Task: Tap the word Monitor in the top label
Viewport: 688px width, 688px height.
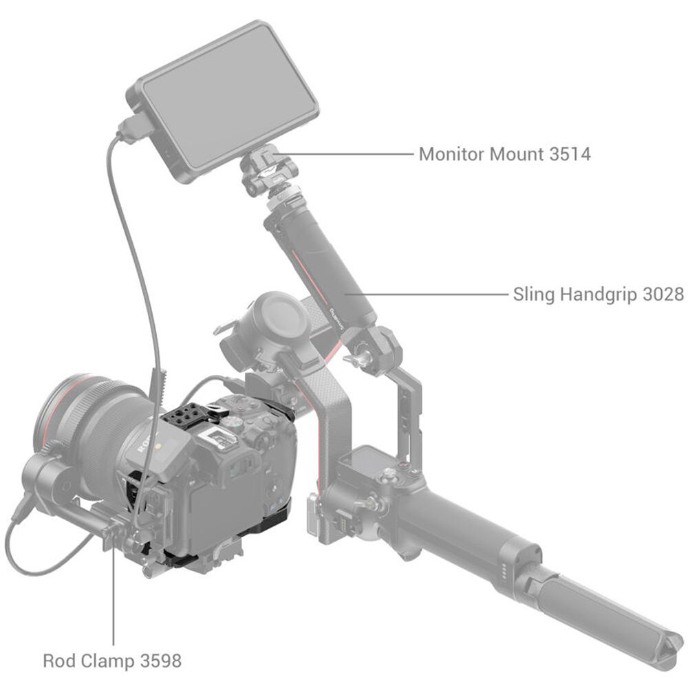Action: point(452,154)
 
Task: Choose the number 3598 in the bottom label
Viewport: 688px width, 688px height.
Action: point(160,660)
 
